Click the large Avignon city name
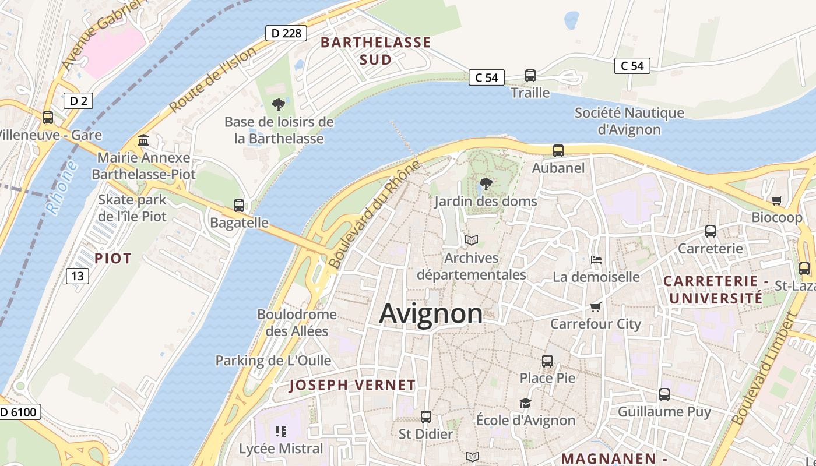[431, 314]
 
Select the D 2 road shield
[78, 101]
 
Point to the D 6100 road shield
[19, 412]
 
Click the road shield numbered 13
[78, 276]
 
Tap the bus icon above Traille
[530, 76]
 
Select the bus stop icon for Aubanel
[558, 151]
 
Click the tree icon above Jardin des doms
[486, 185]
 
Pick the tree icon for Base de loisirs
[279, 105]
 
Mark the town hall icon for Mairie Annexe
[143, 140]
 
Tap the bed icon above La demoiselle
[596, 259]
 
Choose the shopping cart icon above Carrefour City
[595, 307]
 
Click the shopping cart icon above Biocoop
[776, 200]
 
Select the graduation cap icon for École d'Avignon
[525, 403]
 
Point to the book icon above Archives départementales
[471, 240]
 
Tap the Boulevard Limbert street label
[764, 369]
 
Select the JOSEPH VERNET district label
[352, 385]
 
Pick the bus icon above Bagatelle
[239, 205]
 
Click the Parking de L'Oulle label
[273, 361]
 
